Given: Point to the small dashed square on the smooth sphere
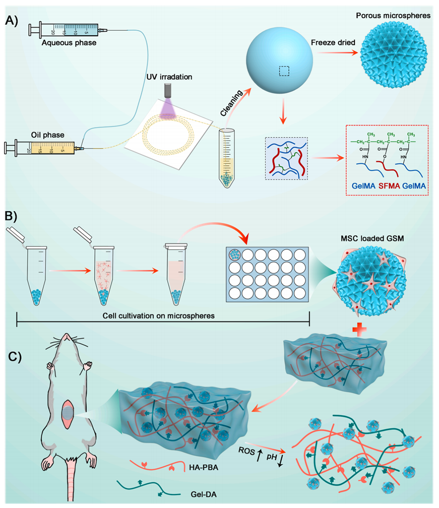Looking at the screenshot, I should (285, 70).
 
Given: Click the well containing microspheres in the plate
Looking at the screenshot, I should (235, 254).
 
